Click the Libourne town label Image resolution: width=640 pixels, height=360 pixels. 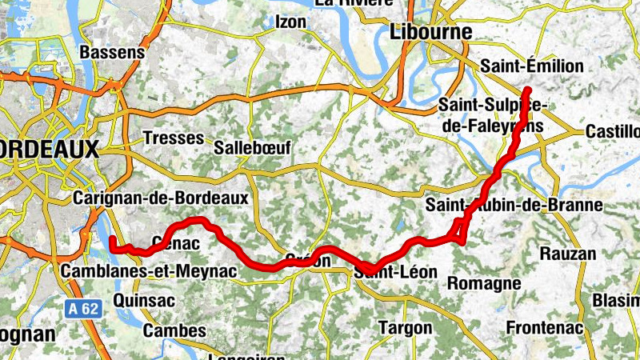(x=430, y=31)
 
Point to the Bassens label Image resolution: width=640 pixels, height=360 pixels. (x=113, y=52)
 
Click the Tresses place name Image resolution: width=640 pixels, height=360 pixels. (x=173, y=138)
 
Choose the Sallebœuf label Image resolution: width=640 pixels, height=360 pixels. (x=252, y=148)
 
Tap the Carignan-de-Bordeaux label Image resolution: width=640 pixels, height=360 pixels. (x=161, y=197)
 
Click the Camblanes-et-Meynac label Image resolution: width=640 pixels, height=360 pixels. (x=149, y=272)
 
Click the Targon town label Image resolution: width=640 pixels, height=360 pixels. (x=404, y=328)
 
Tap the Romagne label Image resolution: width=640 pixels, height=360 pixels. (x=484, y=283)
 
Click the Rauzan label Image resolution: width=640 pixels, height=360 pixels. (x=568, y=254)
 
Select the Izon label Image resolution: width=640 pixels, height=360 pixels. (x=290, y=22)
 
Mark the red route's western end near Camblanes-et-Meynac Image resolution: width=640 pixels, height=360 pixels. (x=112, y=238)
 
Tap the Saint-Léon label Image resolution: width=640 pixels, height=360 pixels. (x=398, y=273)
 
